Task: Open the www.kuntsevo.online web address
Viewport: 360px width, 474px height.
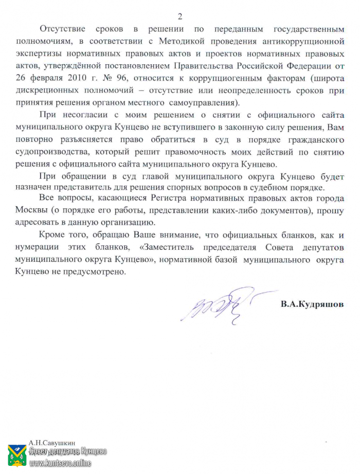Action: click(x=60, y=464)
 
